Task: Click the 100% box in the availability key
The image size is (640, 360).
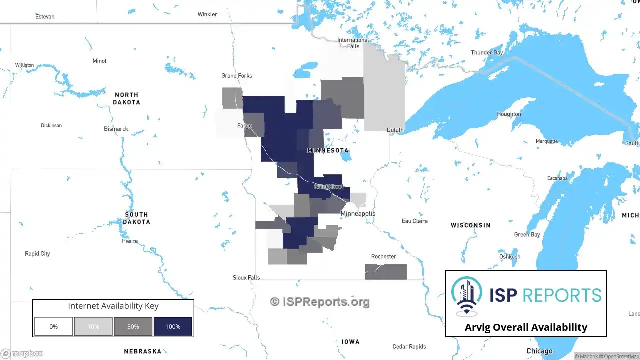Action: (x=173, y=326)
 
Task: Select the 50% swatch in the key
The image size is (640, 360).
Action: (x=133, y=326)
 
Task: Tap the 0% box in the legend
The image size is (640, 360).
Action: (x=53, y=326)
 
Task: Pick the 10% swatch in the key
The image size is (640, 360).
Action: (x=93, y=326)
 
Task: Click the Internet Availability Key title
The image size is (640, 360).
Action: (x=113, y=306)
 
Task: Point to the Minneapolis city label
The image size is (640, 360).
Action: (x=358, y=213)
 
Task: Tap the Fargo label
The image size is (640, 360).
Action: (x=245, y=126)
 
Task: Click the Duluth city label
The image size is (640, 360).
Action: (x=395, y=130)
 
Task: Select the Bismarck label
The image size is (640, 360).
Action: (x=116, y=129)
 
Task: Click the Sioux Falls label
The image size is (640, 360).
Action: (x=246, y=277)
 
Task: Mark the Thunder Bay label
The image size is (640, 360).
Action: (x=487, y=52)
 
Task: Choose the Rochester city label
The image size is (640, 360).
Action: (x=383, y=256)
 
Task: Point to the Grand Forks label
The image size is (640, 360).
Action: (x=237, y=76)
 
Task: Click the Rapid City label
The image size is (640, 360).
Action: (x=37, y=254)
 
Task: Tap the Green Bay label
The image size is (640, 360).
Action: (x=527, y=234)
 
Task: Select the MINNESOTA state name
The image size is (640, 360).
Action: (x=328, y=150)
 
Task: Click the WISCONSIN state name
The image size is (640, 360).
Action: (x=470, y=225)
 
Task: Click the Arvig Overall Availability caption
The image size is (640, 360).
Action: (x=526, y=327)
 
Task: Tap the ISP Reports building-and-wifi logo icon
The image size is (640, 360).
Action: (x=467, y=295)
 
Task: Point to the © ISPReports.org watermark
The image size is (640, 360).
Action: (x=320, y=301)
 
